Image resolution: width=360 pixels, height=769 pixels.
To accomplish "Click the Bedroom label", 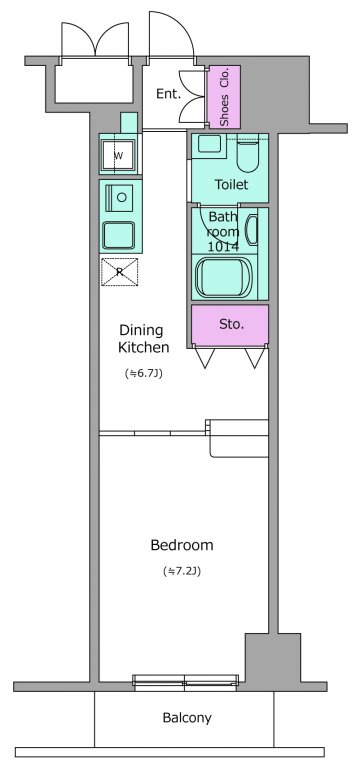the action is tap(181, 545).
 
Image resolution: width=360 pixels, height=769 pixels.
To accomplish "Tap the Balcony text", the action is tap(187, 718).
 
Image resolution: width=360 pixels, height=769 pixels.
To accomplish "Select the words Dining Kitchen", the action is tap(144, 339).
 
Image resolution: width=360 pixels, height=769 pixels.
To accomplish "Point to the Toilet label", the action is tap(231, 184).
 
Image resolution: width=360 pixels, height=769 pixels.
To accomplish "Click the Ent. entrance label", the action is tap(169, 94).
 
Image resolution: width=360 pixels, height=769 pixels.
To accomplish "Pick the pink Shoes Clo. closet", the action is tap(224, 97).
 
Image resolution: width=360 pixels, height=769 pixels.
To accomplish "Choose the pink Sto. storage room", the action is tap(230, 325).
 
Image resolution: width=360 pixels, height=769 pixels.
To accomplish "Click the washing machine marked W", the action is tap(118, 155).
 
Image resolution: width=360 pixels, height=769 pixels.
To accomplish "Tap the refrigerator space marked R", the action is tap(119, 272).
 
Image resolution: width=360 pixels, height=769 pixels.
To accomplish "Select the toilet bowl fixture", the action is tap(247, 154).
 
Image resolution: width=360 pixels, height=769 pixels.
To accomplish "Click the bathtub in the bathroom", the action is tap(220, 277).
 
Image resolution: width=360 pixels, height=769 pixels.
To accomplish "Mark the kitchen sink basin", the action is tap(118, 235).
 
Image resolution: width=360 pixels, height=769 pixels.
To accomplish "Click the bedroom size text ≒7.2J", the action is tap(181, 571).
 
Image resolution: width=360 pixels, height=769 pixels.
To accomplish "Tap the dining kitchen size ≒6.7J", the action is tap(143, 373).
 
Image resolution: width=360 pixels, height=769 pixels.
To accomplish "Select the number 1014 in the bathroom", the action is tap(223, 247).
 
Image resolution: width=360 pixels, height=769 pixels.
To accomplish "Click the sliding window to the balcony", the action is tap(186, 682).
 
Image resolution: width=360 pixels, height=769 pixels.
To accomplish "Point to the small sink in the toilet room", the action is tap(209, 144).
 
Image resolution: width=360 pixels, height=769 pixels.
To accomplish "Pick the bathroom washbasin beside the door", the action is tap(251, 230).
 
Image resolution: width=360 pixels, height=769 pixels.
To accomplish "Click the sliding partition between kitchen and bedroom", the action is tap(153, 433).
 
